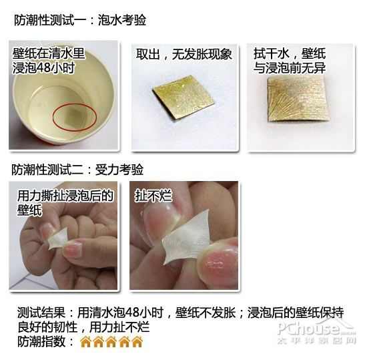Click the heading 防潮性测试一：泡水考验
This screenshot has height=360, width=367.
coord(80,20)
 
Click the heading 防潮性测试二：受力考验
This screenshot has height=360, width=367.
coord(77,170)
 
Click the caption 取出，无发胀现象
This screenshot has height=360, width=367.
coord(184,54)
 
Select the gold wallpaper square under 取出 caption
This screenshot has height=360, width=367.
coord(183,98)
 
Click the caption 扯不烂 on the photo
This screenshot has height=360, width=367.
coord(153,196)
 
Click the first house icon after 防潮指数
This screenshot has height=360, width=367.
coord(85,341)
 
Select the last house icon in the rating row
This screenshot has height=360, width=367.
coord(137,341)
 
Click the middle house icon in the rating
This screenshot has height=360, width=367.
coord(111,341)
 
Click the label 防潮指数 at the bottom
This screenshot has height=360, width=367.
coord(41,341)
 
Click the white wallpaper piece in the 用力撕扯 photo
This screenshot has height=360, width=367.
coord(58,239)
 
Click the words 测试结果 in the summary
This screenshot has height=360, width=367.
coord(41,313)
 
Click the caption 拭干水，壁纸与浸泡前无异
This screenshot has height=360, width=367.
coord(290,60)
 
